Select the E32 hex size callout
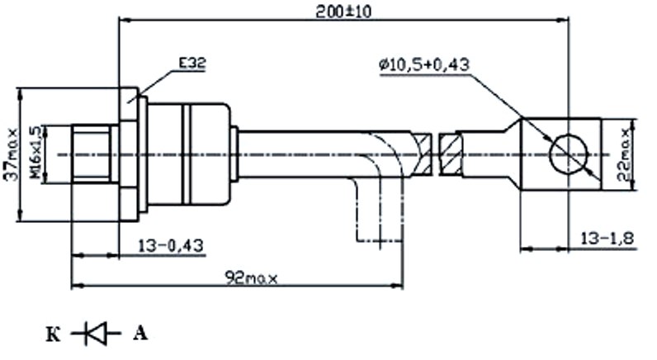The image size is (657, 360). click(190, 64)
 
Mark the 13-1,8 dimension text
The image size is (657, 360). click(606, 239)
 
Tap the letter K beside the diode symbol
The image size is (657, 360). click(53, 334)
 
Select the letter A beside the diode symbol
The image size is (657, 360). click(139, 334)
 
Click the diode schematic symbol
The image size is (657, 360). click(96, 334)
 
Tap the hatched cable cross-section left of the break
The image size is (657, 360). click(422, 154)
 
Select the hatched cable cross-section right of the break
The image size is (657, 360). click(451, 154)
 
